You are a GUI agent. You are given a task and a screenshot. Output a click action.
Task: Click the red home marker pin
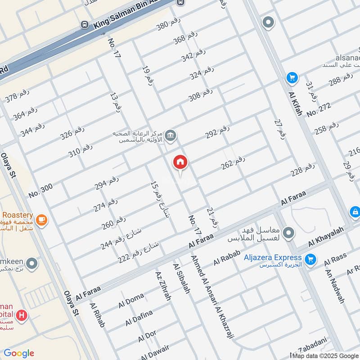180,163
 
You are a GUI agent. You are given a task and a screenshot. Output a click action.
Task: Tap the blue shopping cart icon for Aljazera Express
310,259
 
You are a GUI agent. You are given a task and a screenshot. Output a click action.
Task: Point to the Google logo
19,353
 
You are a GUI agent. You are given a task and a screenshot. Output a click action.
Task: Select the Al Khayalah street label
326,237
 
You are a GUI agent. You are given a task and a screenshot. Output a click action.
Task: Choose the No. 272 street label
319,109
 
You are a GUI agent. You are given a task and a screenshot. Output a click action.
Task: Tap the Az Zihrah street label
163,286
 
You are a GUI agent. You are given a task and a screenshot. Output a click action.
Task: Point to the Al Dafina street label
139,317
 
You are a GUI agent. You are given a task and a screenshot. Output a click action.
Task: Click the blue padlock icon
355,211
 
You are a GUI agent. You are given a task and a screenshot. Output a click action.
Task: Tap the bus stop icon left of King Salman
84,24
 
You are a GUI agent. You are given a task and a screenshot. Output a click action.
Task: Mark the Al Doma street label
131,301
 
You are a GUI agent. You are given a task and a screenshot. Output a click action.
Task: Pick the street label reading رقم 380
168,23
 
